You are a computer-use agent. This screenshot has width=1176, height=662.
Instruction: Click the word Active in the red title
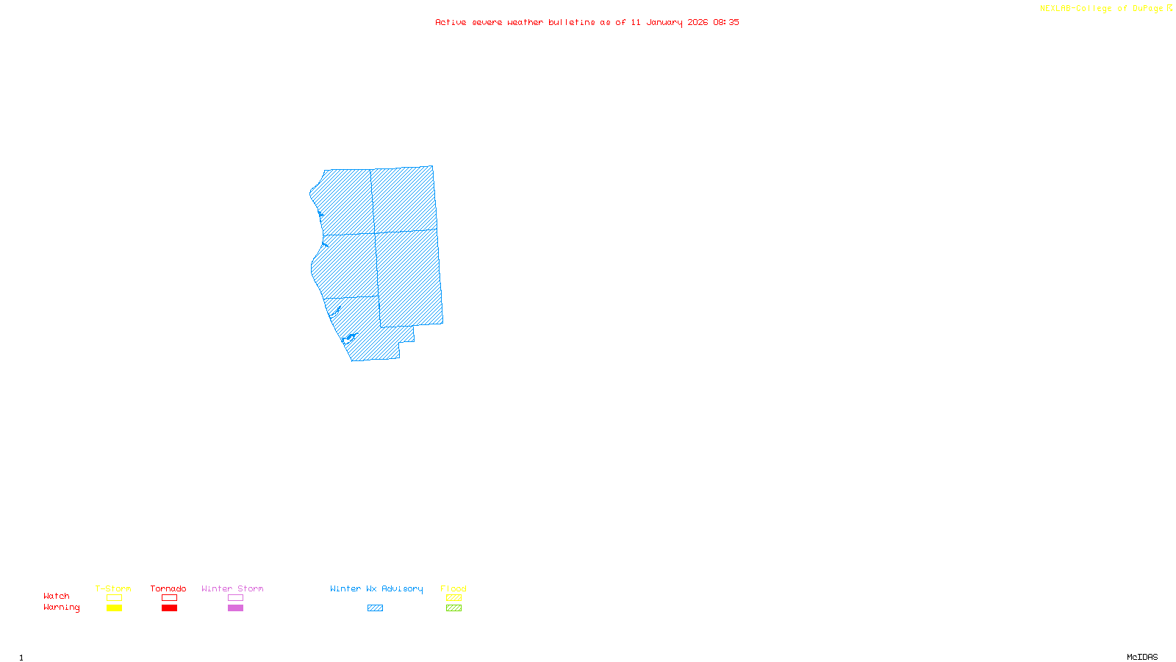(x=451, y=22)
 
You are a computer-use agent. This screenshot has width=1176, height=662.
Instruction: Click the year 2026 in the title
(x=698, y=22)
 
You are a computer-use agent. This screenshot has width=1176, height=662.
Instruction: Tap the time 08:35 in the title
(x=726, y=22)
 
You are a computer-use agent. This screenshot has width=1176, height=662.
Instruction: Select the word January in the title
(x=664, y=22)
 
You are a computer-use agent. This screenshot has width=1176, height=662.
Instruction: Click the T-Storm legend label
(x=113, y=588)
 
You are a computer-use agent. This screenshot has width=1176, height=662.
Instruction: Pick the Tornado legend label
(x=168, y=588)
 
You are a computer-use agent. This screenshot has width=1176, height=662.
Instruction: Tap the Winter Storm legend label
(x=232, y=588)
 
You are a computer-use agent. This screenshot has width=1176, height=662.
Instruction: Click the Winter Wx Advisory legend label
(x=376, y=588)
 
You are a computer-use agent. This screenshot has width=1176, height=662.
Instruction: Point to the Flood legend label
(x=453, y=588)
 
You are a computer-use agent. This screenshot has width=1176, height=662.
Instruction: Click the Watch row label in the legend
(x=57, y=596)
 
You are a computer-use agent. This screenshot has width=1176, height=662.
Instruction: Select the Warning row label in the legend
(x=61, y=608)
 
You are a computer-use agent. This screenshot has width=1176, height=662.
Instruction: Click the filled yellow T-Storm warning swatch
(x=114, y=608)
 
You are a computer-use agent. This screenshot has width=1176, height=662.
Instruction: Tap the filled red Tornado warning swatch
(x=170, y=608)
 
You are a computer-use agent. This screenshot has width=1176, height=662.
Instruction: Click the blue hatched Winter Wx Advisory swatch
(x=375, y=608)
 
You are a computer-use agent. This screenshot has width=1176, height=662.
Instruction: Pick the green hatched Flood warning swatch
(x=453, y=608)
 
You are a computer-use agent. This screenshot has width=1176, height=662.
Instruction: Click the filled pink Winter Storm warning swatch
(x=235, y=608)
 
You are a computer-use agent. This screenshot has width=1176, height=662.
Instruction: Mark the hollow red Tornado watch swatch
(x=170, y=598)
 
